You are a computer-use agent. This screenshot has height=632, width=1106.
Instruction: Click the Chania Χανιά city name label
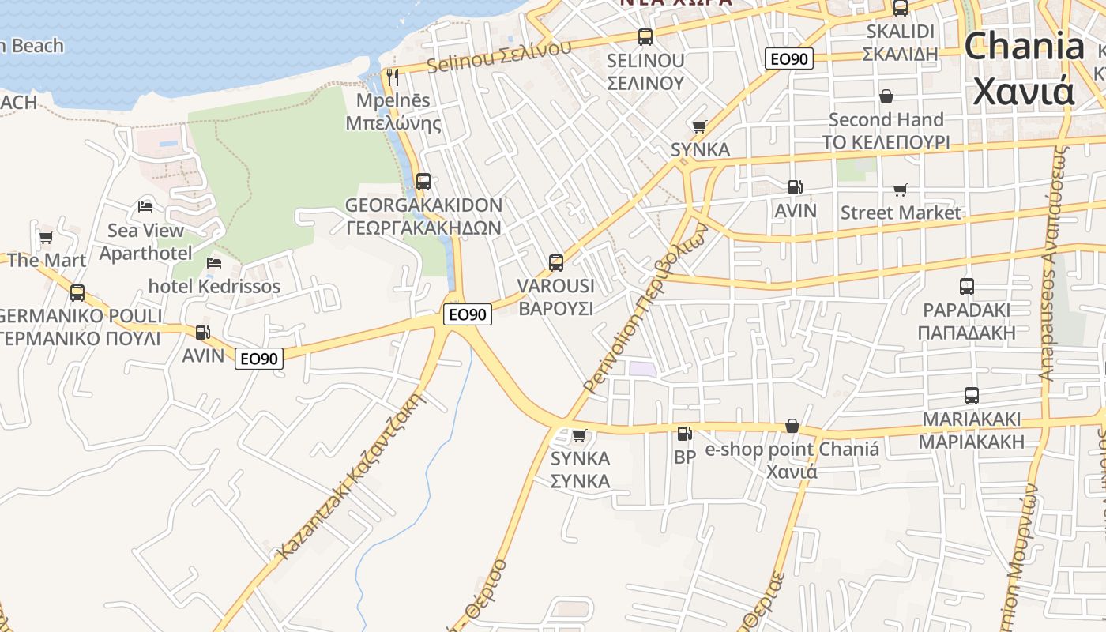1024,68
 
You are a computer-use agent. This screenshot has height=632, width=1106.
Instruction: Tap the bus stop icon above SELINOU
645,36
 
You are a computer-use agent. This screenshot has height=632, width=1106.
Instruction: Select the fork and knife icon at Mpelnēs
393,77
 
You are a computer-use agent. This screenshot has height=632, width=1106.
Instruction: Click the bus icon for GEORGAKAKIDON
423,181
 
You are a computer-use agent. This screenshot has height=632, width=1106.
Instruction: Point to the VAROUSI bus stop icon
555,262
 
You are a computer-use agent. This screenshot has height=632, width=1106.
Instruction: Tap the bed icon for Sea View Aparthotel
145,207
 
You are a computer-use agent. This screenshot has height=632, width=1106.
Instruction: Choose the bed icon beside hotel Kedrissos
214,263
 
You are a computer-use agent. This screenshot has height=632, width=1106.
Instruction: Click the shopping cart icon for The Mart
46,236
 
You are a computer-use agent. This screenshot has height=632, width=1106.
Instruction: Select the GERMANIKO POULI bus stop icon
77,293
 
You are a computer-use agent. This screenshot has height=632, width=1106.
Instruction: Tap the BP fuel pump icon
684,434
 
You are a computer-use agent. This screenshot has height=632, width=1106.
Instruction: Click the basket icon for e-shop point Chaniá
792,427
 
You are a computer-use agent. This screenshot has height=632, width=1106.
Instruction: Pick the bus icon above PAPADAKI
966,287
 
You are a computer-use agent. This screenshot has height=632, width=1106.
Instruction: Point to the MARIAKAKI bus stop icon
971,396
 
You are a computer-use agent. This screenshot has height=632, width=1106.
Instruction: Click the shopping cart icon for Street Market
900,190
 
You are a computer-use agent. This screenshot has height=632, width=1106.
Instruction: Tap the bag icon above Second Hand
886,96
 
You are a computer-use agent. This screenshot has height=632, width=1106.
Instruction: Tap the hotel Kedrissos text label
214,286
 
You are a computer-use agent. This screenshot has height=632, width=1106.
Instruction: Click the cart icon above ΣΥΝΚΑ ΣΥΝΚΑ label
579,435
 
